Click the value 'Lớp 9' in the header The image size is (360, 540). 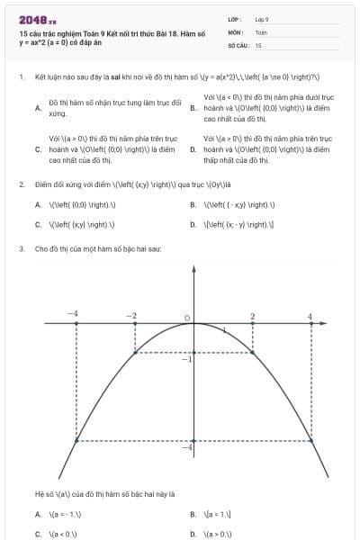(x=262, y=18)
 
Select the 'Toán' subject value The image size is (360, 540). (x=261, y=31)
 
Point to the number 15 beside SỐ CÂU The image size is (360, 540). (x=258, y=44)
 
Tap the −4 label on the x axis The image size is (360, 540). (x=74, y=313)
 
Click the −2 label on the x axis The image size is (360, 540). (x=131, y=316)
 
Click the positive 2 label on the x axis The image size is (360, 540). (x=252, y=316)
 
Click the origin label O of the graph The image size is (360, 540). (x=186, y=318)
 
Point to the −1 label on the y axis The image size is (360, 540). (x=186, y=359)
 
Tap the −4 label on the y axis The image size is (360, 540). (x=186, y=447)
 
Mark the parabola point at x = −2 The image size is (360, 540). (x=135, y=353)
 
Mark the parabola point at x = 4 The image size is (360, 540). (x=310, y=445)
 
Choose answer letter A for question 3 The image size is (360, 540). (x=38, y=514)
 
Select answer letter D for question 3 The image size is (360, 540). (x=193, y=534)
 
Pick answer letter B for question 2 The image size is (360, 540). (x=193, y=204)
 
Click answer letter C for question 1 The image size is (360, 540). (x=38, y=149)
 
